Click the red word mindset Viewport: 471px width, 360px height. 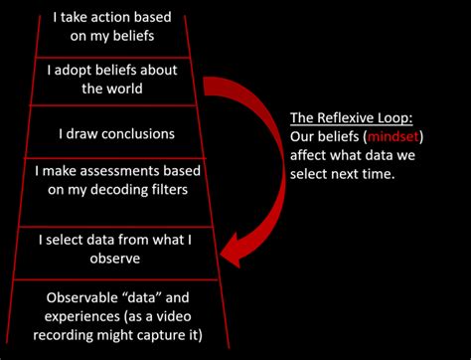394,136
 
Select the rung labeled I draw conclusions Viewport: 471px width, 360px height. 116,132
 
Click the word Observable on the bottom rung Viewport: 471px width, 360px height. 79,296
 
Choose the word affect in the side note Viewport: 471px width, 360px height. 311,154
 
